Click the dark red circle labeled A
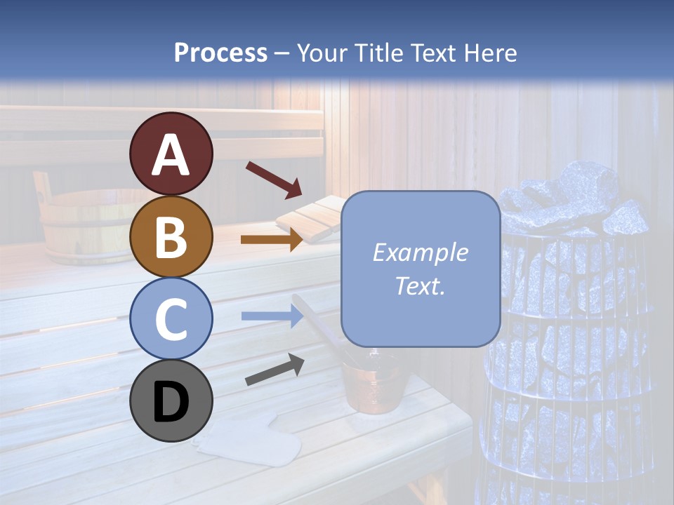point(171,154)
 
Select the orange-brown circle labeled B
point(171,237)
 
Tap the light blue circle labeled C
point(171,319)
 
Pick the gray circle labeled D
point(171,401)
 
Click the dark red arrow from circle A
point(273,179)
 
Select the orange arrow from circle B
point(272,239)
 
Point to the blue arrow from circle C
point(272,316)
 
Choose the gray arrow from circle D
point(275,370)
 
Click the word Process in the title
point(220,53)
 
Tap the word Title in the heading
point(381,53)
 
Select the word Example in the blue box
point(420,252)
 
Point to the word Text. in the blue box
point(420,285)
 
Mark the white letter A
point(171,155)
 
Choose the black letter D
point(171,402)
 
